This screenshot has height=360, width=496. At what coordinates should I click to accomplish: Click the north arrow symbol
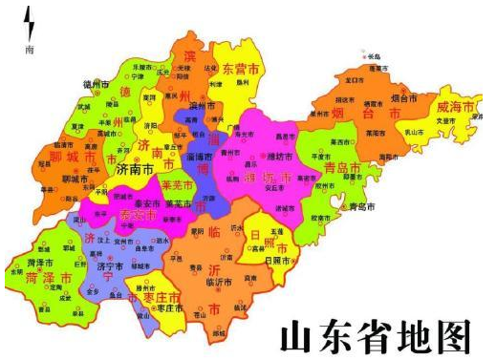coord(28,20)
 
